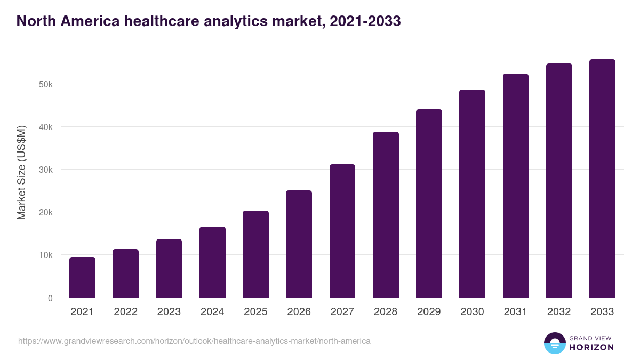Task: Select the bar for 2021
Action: click(x=82, y=277)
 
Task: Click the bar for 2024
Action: click(x=212, y=262)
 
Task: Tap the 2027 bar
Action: click(x=342, y=231)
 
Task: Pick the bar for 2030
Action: click(x=472, y=194)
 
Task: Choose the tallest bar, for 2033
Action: click(x=602, y=179)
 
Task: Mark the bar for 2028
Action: click(x=386, y=214)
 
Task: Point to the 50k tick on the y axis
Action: click(x=46, y=85)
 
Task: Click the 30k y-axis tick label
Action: click(x=46, y=170)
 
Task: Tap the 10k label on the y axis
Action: click(x=46, y=255)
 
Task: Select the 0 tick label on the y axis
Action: click(x=50, y=298)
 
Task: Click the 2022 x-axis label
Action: click(x=125, y=312)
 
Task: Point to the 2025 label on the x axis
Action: click(x=255, y=312)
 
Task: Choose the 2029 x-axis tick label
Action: click(x=429, y=312)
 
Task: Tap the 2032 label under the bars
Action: click(x=559, y=312)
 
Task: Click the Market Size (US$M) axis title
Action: click(x=21, y=172)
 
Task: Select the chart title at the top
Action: click(x=209, y=21)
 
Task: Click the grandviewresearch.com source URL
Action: click(x=194, y=341)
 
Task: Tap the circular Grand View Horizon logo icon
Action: click(x=555, y=343)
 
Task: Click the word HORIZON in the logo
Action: click(x=591, y=347)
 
